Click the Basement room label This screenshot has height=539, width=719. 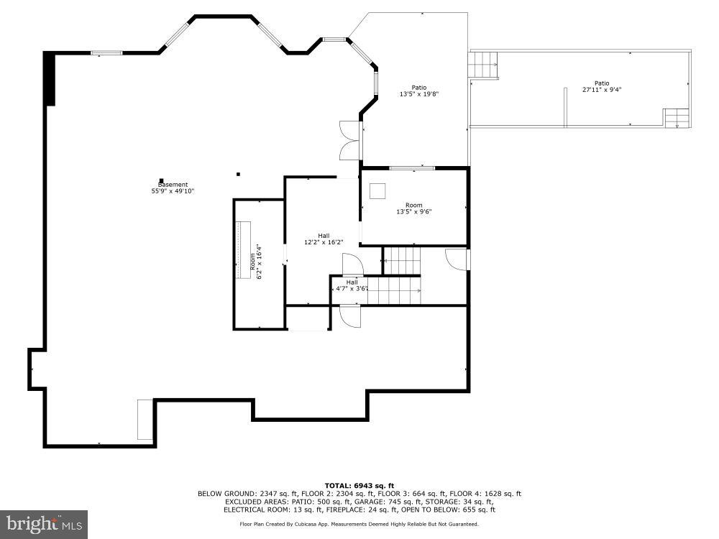tap(173, 185)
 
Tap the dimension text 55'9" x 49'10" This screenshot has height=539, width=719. tap(173, 191)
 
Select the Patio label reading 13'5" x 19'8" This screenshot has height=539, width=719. tap(419, 91)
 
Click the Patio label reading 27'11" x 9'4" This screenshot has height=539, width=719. tap(601, 86)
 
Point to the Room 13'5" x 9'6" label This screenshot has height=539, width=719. tap(413, 208)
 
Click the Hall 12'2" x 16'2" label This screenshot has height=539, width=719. tap(324, 239)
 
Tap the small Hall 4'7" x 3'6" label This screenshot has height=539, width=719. tap(352, 285)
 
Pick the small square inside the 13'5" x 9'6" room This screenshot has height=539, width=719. tap(377, 190)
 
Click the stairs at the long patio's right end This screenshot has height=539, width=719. tap(676, 118)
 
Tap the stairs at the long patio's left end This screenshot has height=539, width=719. tap(483, 65)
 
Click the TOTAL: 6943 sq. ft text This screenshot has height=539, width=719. tap(359, 486)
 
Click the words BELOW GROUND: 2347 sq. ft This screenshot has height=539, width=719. tap(247, 494)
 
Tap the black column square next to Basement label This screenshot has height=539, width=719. tap(162, 180)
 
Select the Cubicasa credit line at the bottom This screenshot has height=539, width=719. tap(359, 524)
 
